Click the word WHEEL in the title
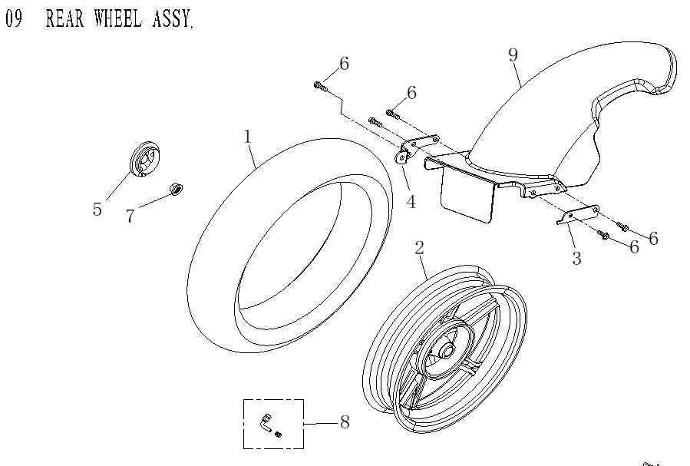118,18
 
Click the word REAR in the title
64,18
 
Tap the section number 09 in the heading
13,18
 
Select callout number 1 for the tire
248,137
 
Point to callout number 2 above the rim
419,248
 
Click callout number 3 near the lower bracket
576,258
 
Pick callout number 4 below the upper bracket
411,202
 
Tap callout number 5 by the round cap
97,209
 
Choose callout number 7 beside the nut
130,216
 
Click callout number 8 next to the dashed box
345,422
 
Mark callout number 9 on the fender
513,55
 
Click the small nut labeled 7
177,189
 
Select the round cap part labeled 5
145,160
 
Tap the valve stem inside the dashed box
266,422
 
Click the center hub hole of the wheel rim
447,351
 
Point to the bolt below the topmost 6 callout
321,87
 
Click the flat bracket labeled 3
577,215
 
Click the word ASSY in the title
173,18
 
